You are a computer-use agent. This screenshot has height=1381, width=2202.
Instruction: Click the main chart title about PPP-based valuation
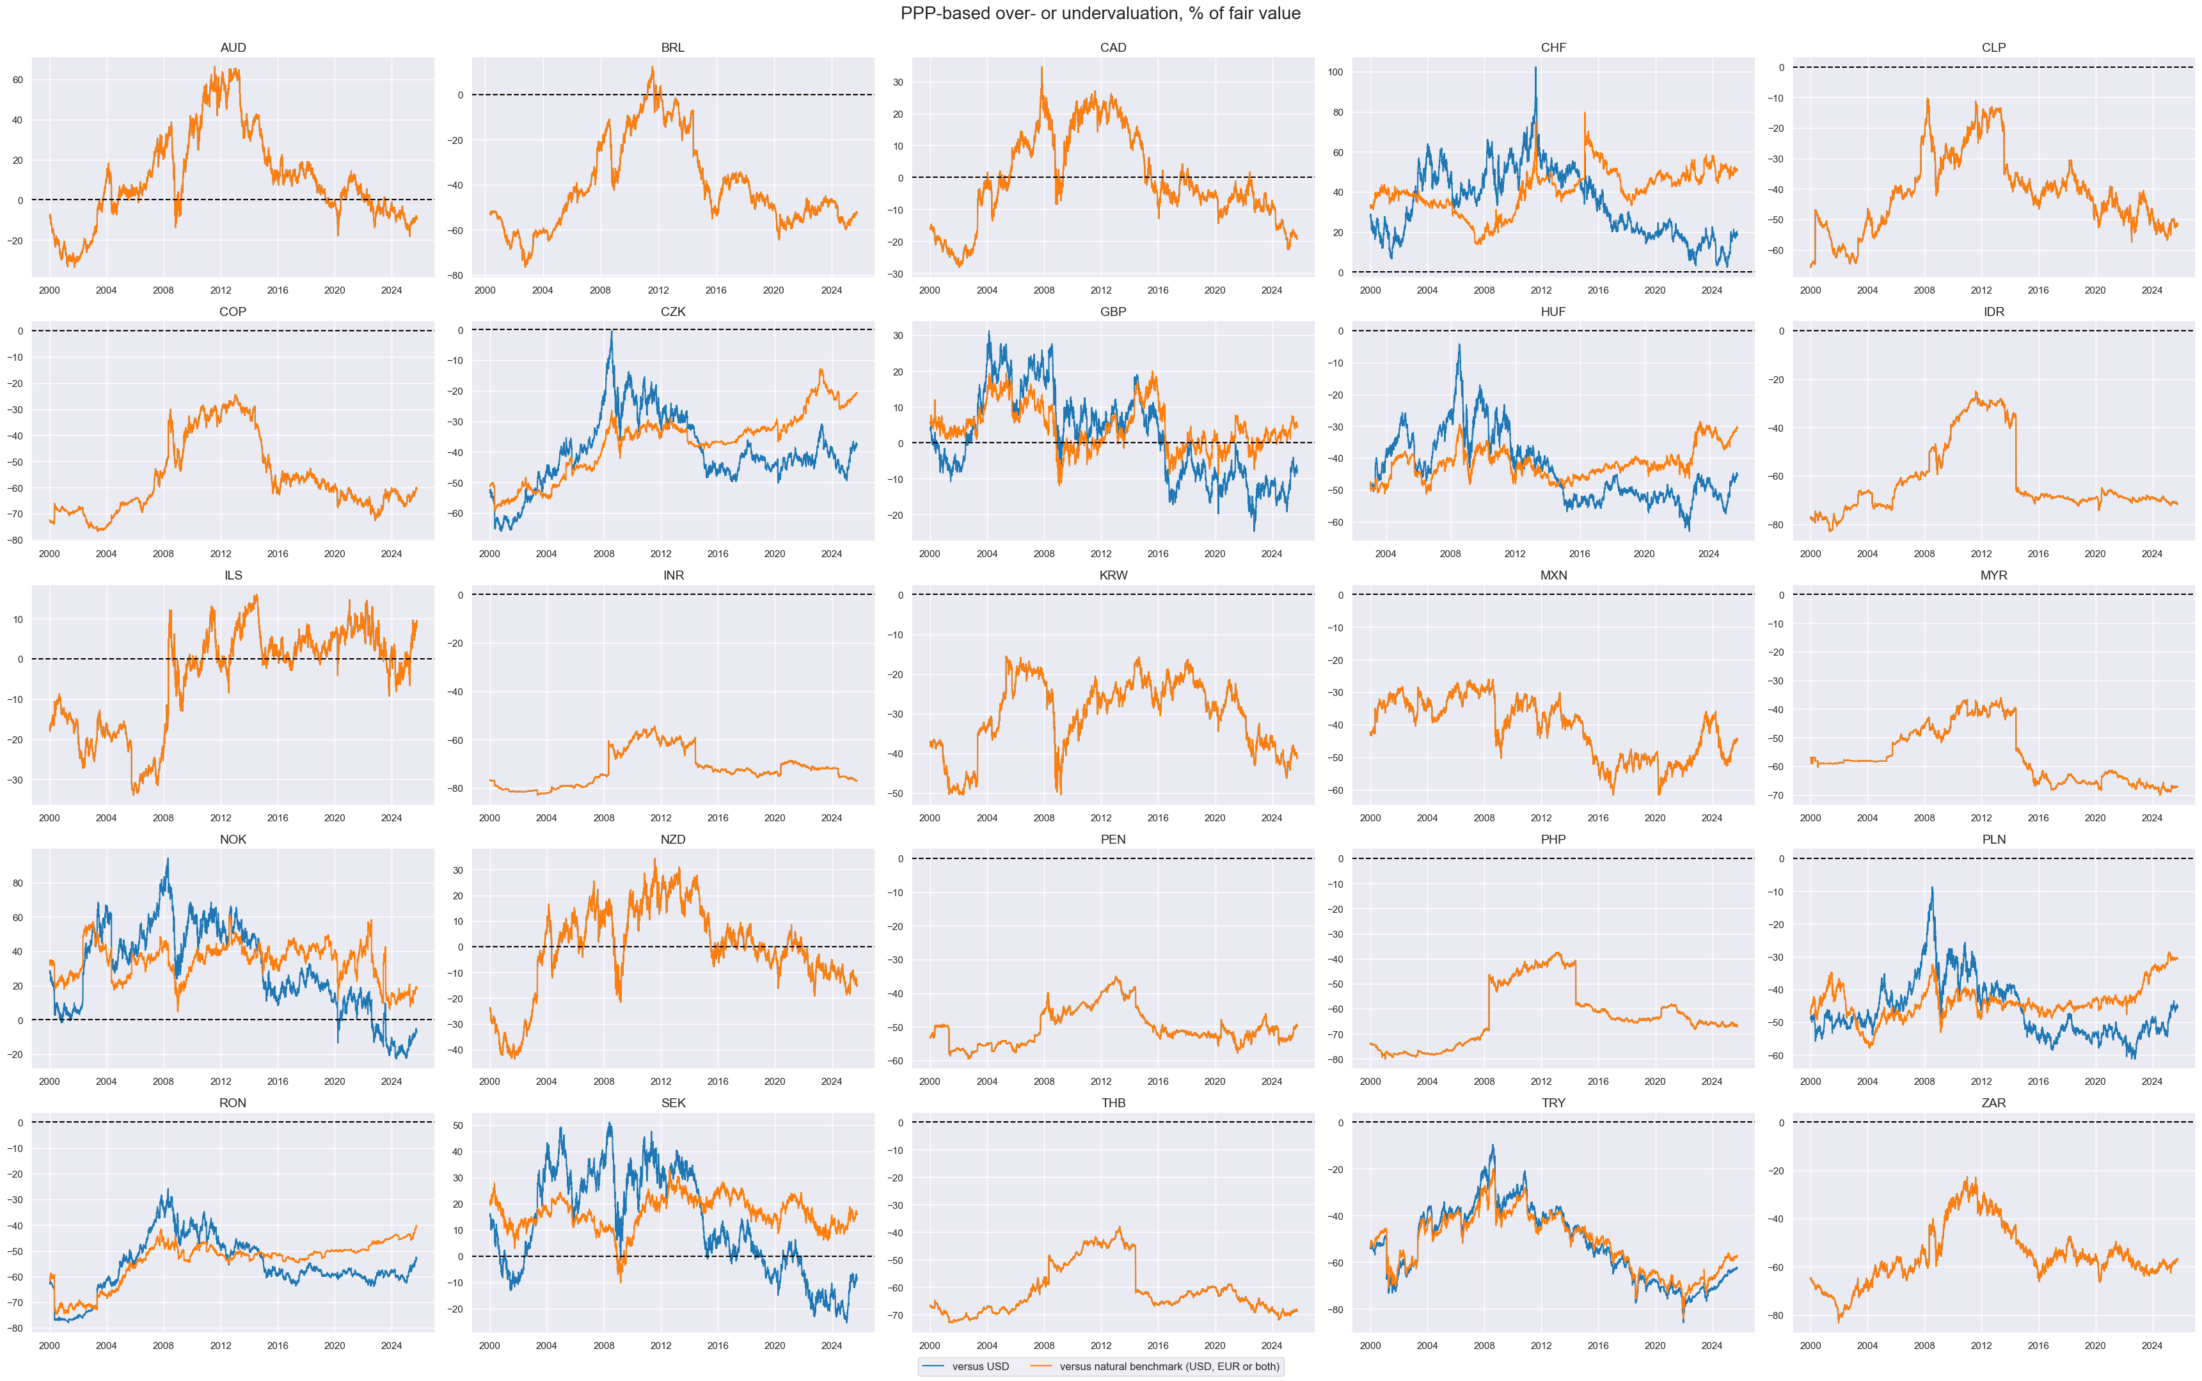click(x=1100, y=13)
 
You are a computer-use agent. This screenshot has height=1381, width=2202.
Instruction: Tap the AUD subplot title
click(x=233, y=47)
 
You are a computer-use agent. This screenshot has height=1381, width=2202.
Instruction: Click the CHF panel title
click(x=1553, y=47)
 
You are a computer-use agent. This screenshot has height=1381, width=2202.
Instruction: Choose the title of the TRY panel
click(x=1553, y=1103)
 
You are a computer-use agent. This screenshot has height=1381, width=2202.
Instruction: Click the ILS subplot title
click(x=233, y=576)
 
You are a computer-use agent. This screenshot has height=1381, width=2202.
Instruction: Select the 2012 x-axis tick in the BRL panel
click(x=658, y=290)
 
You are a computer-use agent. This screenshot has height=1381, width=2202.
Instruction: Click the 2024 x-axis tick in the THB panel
click(x=1271, y=1345)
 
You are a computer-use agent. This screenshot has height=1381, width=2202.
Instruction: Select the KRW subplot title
click(x=1113, y=576)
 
